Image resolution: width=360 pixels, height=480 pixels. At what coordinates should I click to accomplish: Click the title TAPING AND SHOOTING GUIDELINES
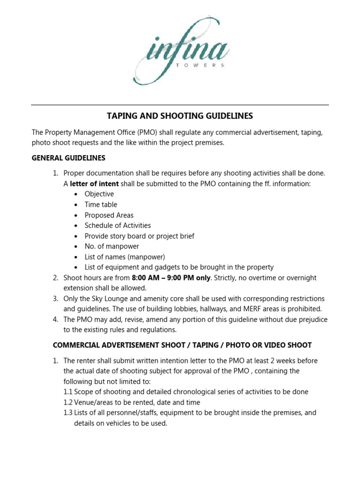180,116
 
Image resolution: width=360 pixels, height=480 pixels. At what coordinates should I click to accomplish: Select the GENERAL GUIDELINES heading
68,158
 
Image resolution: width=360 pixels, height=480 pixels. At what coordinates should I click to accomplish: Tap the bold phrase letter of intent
94,184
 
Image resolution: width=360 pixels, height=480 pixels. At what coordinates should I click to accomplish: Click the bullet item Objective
99,194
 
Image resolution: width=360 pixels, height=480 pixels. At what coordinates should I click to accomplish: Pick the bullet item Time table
101,205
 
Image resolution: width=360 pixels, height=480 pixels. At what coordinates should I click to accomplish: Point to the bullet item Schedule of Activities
118,225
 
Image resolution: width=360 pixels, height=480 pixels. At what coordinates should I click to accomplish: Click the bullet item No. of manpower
112,247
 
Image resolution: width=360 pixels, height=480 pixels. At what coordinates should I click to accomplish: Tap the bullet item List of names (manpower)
125,257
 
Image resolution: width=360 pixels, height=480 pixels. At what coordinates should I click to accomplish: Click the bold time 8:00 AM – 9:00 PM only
172,278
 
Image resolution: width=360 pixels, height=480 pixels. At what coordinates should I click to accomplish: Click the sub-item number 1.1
68,392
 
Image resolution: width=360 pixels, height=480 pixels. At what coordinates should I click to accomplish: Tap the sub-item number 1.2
68,402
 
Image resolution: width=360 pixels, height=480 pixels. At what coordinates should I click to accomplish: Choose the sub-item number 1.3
68,413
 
